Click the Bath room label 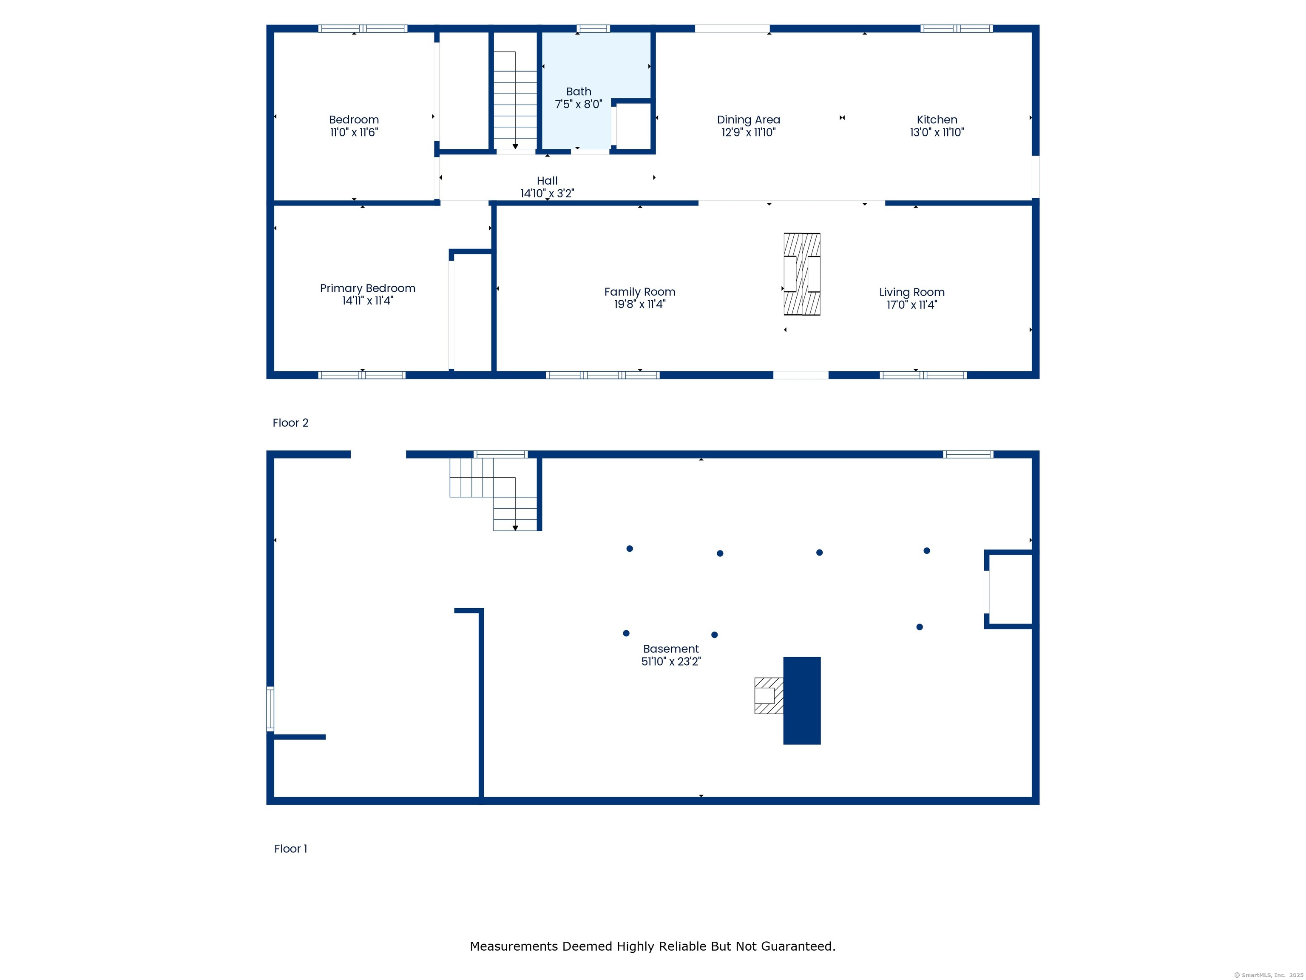click(x=579, y=91)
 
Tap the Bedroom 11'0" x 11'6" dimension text click(x=354, y=132)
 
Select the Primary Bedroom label click(x=367, y=288)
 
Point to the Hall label click(x=547, y=181)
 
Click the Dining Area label click(x=749, y=120)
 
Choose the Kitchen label click(x=937, y=120)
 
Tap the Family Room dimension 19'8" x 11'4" click(x=640, y=304)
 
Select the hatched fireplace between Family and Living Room click(x=802, y=274)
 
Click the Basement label click(x=671, y=649)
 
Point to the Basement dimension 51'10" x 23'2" click(x=671, y=661)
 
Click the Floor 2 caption click(x=290, y=423)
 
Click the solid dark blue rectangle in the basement click(x=802, y=701)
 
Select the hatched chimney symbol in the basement click(x=769, y=696)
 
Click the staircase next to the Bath click(x=515, y=100)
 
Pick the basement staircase click(x=494, y=494)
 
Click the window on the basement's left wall click(x=270, y=709)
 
